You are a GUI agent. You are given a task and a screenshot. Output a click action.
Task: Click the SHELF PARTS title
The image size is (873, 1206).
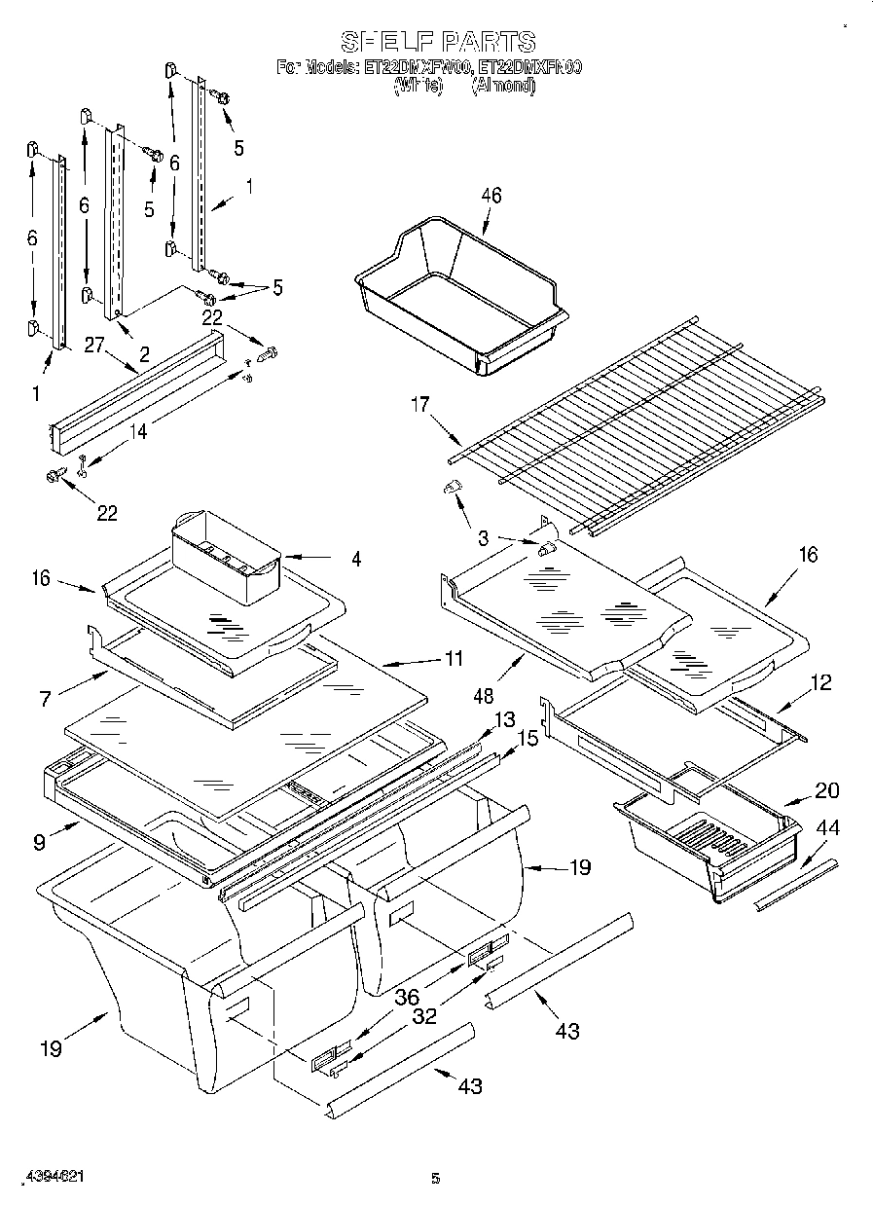pos(437,42)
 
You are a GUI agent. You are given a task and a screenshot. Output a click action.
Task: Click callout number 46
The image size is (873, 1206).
pos(491,196)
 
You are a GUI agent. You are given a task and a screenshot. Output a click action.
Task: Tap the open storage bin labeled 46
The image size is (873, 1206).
pos(457,302)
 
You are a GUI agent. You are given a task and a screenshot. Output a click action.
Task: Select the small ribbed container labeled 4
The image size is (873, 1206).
pos(226,555)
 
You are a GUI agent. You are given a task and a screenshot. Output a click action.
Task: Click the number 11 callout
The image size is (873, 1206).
pos(453,658)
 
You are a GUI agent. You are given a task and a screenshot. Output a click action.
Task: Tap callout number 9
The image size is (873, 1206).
pos(39,842)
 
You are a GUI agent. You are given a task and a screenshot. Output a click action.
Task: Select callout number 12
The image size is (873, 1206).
pos(820,683)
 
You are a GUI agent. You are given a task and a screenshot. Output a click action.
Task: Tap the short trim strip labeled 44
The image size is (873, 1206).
pos(795,886)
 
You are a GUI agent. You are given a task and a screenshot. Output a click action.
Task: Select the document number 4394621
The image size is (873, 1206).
pos(51,1177)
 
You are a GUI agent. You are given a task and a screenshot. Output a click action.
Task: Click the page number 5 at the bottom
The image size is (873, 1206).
pos(436,1179)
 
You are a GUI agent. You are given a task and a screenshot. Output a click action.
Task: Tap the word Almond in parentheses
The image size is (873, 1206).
pos(503,85)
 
